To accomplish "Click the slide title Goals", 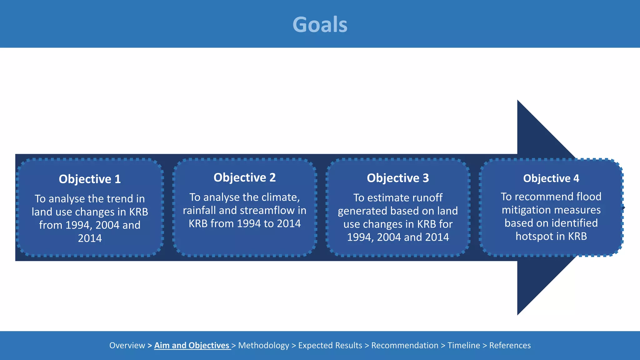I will click(x=320, y=24).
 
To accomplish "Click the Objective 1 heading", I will click(x=90, y=179).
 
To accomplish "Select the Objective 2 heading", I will click(x=244, y=177).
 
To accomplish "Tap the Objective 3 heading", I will click(x=398, y=178).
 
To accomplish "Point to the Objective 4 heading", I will click(x=551, y=178).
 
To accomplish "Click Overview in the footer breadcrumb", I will click(x=127, y=345).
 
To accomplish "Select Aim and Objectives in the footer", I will click(x=192, y=345).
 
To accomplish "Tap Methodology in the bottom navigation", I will click(x=263, y=345).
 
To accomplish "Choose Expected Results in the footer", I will click(x=330, y=345).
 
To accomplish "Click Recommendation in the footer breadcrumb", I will click(x=405, y=345).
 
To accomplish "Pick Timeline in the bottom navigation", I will click(x=464, y=345).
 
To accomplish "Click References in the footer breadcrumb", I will click(x=510, y=345).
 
